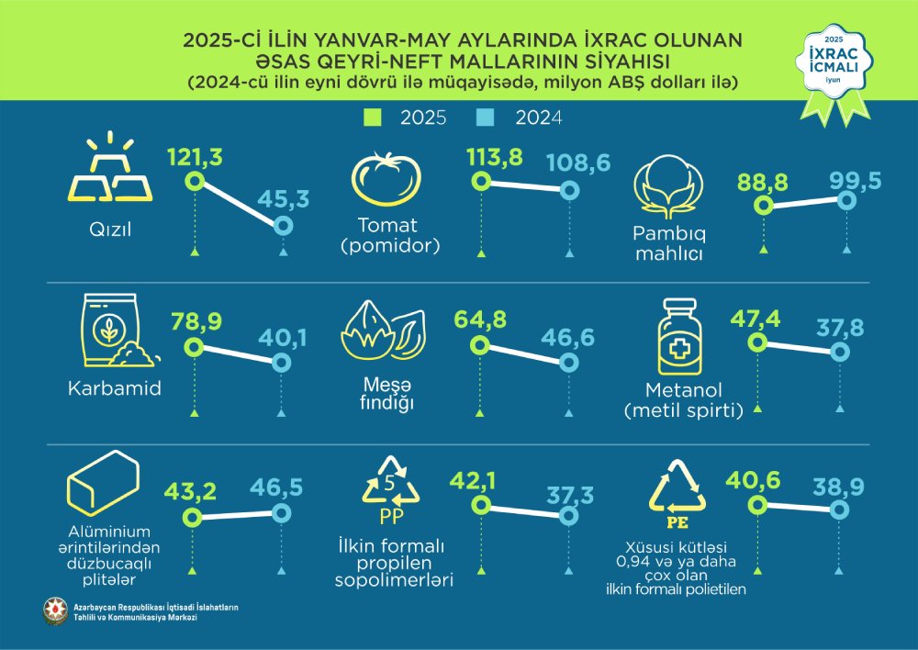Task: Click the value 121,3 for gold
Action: (x=195, y=159)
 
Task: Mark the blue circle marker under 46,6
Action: (x=569, y=364)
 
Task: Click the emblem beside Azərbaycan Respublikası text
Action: (x=55, y=611)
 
